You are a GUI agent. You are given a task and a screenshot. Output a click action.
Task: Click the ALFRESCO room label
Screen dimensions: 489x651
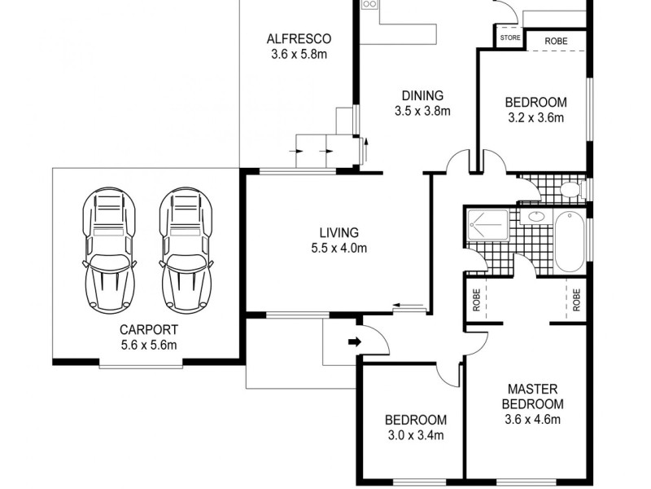click(x=299, y=38)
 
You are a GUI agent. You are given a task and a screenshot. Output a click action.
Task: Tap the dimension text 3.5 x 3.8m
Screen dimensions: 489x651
click(x=422, y=112)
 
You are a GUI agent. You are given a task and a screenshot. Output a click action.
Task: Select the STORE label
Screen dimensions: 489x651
click(x=509, y=37)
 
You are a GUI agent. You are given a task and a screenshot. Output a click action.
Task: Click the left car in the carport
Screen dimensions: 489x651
click(x=108, y=249)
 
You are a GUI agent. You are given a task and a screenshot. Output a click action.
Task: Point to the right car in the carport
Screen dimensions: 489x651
click(x=186, y=249)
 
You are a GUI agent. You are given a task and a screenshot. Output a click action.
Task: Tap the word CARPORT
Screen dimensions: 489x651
click(x=148, y=330)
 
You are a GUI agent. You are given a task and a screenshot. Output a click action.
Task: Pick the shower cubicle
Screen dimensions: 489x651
click(x=487, y=227)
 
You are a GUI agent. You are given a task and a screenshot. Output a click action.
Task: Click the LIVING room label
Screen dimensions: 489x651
click(x=339, y=233)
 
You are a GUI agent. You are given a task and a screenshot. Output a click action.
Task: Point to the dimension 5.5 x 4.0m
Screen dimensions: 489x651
click(x=339, y=249)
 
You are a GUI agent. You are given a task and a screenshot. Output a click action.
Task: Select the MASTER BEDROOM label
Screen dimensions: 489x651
click(x=533, y=397)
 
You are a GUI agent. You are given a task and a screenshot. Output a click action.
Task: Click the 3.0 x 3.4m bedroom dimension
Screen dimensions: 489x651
click(x=415, y=435)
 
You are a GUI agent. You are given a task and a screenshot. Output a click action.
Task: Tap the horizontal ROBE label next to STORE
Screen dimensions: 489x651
click(x=557, y=41)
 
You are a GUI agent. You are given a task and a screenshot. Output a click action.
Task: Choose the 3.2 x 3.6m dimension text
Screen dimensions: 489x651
click(x=535, y=117)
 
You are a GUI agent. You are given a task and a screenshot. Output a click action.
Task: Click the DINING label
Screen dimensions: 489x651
click(x=422, y=95)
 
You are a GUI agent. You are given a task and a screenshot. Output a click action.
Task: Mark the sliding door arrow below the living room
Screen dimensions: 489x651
click(x=409, y=308)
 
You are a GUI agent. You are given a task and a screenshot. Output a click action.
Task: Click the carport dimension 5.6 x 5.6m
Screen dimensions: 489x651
click(x=148, y=345)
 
